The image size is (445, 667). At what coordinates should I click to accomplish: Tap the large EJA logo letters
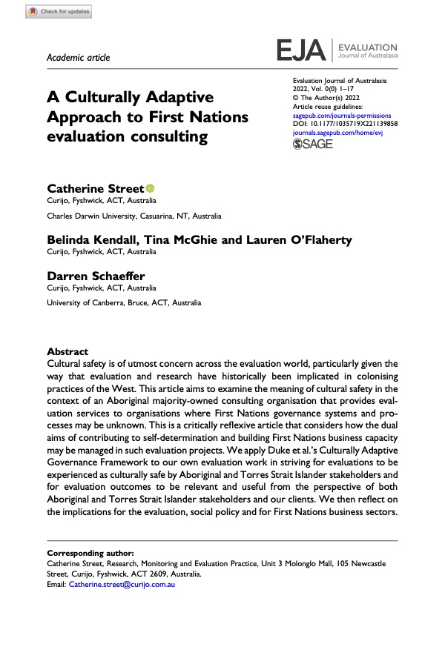pyautogui.click(x=301, y=50)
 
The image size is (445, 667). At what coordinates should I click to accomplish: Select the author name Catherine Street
pyautogui.click(x=95, y=189)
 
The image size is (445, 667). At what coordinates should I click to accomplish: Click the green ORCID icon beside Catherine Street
pyautogui.click(x=150, y=189)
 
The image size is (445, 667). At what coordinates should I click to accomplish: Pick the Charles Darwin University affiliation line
pyautogui.click(x=133, y=216)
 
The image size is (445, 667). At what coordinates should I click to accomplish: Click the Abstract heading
pyautogui.click(x=67, y=351)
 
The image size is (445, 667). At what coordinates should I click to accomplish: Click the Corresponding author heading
pyautogui.click(x=90, y=553)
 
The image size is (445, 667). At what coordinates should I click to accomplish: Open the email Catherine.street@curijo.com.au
pyautogui.click(x=122, y=584)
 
